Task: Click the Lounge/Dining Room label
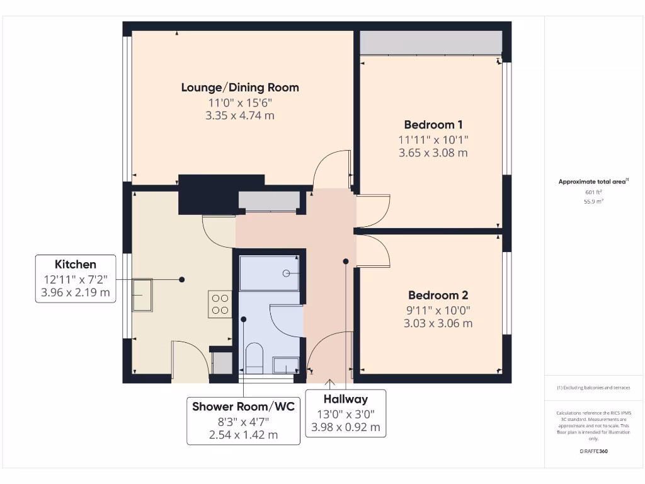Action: point(240,88)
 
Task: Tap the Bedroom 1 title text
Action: point(433,125)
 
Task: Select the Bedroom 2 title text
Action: point(438,295)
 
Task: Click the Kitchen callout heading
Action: point(76,264)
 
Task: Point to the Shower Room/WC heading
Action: point(244,406)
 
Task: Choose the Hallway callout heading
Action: point(346,399)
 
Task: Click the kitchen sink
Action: point(142,295)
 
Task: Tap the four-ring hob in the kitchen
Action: point(220,304)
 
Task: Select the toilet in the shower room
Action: point(254,357)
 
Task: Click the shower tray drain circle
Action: point(287,274)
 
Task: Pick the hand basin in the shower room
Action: point(286,365)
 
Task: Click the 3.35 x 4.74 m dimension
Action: point(240,116)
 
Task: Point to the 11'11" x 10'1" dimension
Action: point(433,140)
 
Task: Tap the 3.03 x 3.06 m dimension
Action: point(438,323)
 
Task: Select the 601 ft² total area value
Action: point(593,192)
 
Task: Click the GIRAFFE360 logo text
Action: point(593,451)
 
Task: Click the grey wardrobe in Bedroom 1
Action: point(431,42)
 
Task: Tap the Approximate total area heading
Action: point(593,181)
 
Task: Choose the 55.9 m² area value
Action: point(593,202)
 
